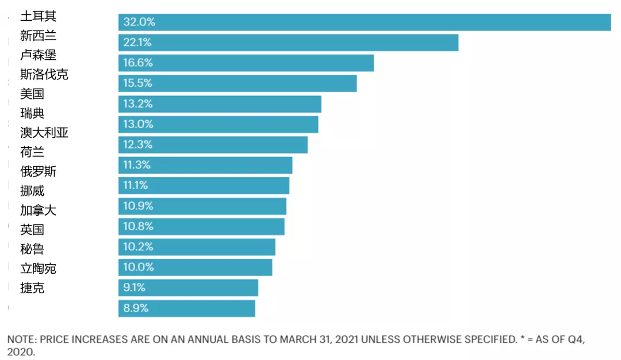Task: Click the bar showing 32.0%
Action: click(x=365, y=22)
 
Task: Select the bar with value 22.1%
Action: click(x=288, y=43)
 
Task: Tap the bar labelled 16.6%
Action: click(x=246, y=63)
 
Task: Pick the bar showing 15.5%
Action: click(x=237, y=83)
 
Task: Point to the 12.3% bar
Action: click(x=213, y=145)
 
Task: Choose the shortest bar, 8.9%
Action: click(x=186, y=308)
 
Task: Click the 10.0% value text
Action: click(x=139, y=267)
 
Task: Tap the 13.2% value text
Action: click(x=138, y=104)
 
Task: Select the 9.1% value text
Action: click(x=135, y=288)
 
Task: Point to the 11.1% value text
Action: click(x=136, y=185)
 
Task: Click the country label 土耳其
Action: click(x=38, y=16)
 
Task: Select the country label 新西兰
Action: click(x=38, y=36)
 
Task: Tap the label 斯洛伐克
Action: click(x=44, y=74)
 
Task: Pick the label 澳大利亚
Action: click(x=44, y=133)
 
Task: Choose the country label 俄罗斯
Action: click(x=38, y=171)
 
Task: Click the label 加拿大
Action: click(x=38, y=210)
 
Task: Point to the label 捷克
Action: click(x=32, y=288)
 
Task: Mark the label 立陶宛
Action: click(x=38, y=269)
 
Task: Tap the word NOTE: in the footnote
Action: click(x=21, y=339)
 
